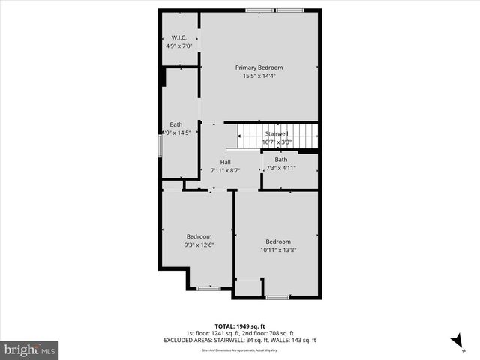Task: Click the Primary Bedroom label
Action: coord(259,67)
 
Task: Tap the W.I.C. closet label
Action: coord(178,37)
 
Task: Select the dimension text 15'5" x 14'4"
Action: coord(259,76)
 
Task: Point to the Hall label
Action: coord(225,162)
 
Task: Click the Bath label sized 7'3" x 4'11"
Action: coord(280,159)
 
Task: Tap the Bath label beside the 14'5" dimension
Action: coord(175,124)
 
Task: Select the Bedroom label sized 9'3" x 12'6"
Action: coord(199,236)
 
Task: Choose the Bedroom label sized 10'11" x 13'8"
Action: coord(277,241)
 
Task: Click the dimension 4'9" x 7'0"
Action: coord(178,46)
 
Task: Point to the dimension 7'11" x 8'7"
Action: coord(225,170)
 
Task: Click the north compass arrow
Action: coord(455,341)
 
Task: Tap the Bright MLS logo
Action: coord(30,349)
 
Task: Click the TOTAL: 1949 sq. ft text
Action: coord(239,326)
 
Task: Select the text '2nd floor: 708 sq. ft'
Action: coord(266,333)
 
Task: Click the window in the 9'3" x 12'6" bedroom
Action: coord(208,288)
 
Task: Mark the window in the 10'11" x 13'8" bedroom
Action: coord(277,298)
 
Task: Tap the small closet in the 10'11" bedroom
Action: coord(248,287)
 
